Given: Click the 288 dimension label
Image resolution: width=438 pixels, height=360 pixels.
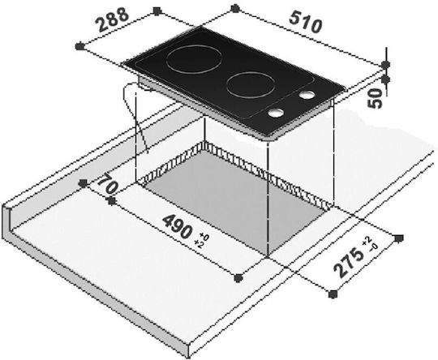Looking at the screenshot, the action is [x=113, y=19].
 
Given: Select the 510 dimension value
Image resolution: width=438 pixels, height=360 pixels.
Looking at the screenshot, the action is [x=306, y=22].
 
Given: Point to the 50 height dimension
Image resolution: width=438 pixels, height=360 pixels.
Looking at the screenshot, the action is [x=376, y=98].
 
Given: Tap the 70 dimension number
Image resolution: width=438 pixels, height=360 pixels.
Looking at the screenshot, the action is [x=108, y=184].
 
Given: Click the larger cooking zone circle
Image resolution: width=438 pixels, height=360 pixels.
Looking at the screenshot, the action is [x=195, y=60].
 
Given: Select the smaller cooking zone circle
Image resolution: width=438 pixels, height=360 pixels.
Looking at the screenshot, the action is [x=251, y=85].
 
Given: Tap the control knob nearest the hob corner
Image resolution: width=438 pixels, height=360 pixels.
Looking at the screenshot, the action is [x=277, y=113].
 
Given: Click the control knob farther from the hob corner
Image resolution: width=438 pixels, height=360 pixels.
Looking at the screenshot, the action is [x=307, y=95].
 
